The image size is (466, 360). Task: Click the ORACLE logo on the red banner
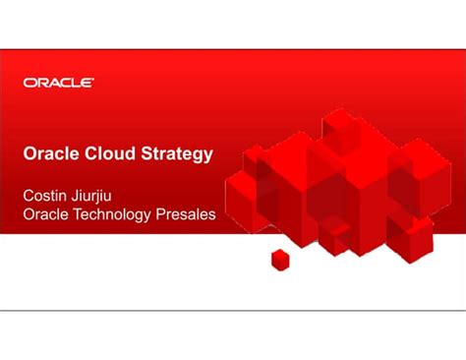(x=59, y=84)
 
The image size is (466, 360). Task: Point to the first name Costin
(x=46, y=195)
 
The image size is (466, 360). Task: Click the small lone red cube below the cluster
(x=281, y=260)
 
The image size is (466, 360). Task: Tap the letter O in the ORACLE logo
(x=29, y=84)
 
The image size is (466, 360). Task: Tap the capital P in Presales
(x=164, y=214)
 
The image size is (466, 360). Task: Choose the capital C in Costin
(x=29, y=195)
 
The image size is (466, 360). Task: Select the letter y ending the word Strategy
(x=207, y=155)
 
